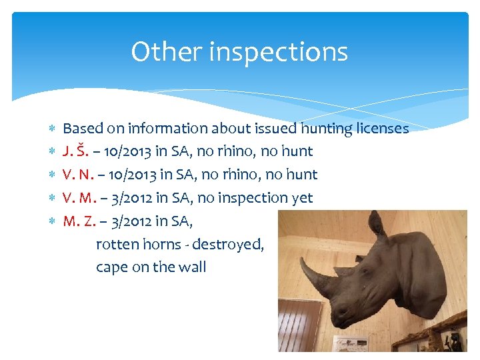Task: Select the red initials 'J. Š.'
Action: tap(75, 151)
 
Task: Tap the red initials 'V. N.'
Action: tap(77, 175)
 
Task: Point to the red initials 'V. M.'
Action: tap(78, 198)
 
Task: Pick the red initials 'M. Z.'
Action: tap(77, 221)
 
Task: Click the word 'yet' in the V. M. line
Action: tap(301, 198)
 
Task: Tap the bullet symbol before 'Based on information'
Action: tap(52, 128)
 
